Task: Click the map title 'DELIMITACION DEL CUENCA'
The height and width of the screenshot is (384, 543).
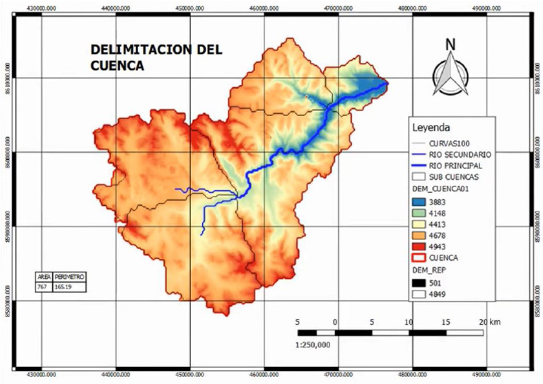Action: [156, 58]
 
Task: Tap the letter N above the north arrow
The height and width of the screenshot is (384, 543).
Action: [450, 44]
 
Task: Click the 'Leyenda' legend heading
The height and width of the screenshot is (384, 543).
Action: [431, 128]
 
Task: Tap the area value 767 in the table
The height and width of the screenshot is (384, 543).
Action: [42, 287]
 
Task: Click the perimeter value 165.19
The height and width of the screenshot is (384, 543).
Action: [64, 287]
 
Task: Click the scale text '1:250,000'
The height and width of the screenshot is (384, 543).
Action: [313, 344]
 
